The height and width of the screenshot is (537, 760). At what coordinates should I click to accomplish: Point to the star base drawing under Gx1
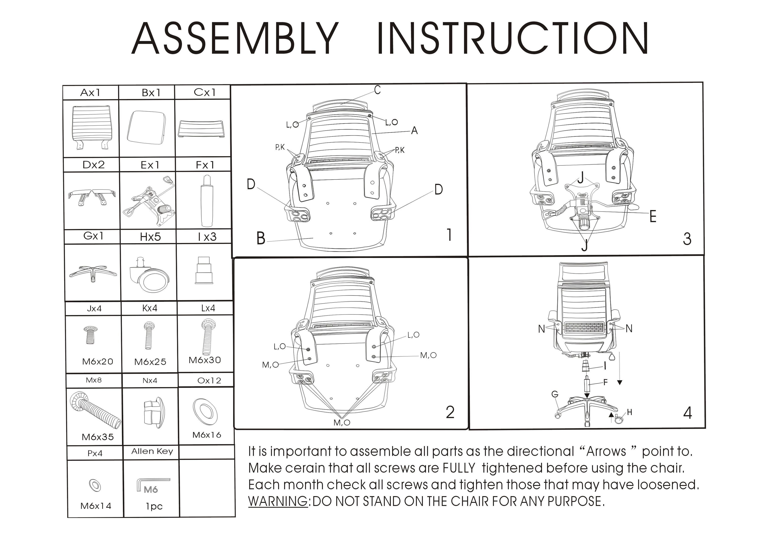coord(93,273)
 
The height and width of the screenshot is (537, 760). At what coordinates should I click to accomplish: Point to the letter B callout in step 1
coord(261,238)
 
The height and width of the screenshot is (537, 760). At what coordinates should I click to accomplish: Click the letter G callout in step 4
coord(555,394)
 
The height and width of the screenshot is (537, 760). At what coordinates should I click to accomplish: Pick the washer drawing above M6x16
coord(205,412)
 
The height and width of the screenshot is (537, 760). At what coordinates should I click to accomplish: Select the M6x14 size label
coord(96,506)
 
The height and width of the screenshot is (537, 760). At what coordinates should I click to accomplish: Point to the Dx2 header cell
coord(93,164)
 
